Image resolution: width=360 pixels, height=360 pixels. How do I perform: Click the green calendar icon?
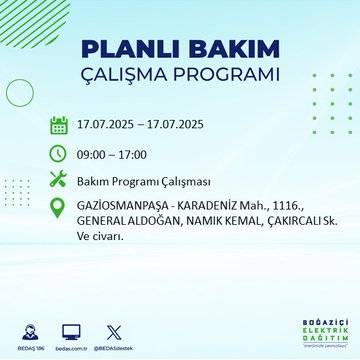pyautogui.click(x=59, y=126)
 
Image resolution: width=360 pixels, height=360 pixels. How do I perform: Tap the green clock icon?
pyautogui.click(x=59, y=154)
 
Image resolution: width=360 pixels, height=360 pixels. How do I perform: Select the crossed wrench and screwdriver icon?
pyautogui.click(x=59, y=181)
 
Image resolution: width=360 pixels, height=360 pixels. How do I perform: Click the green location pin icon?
pyautogui.click(x=59, y=210)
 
